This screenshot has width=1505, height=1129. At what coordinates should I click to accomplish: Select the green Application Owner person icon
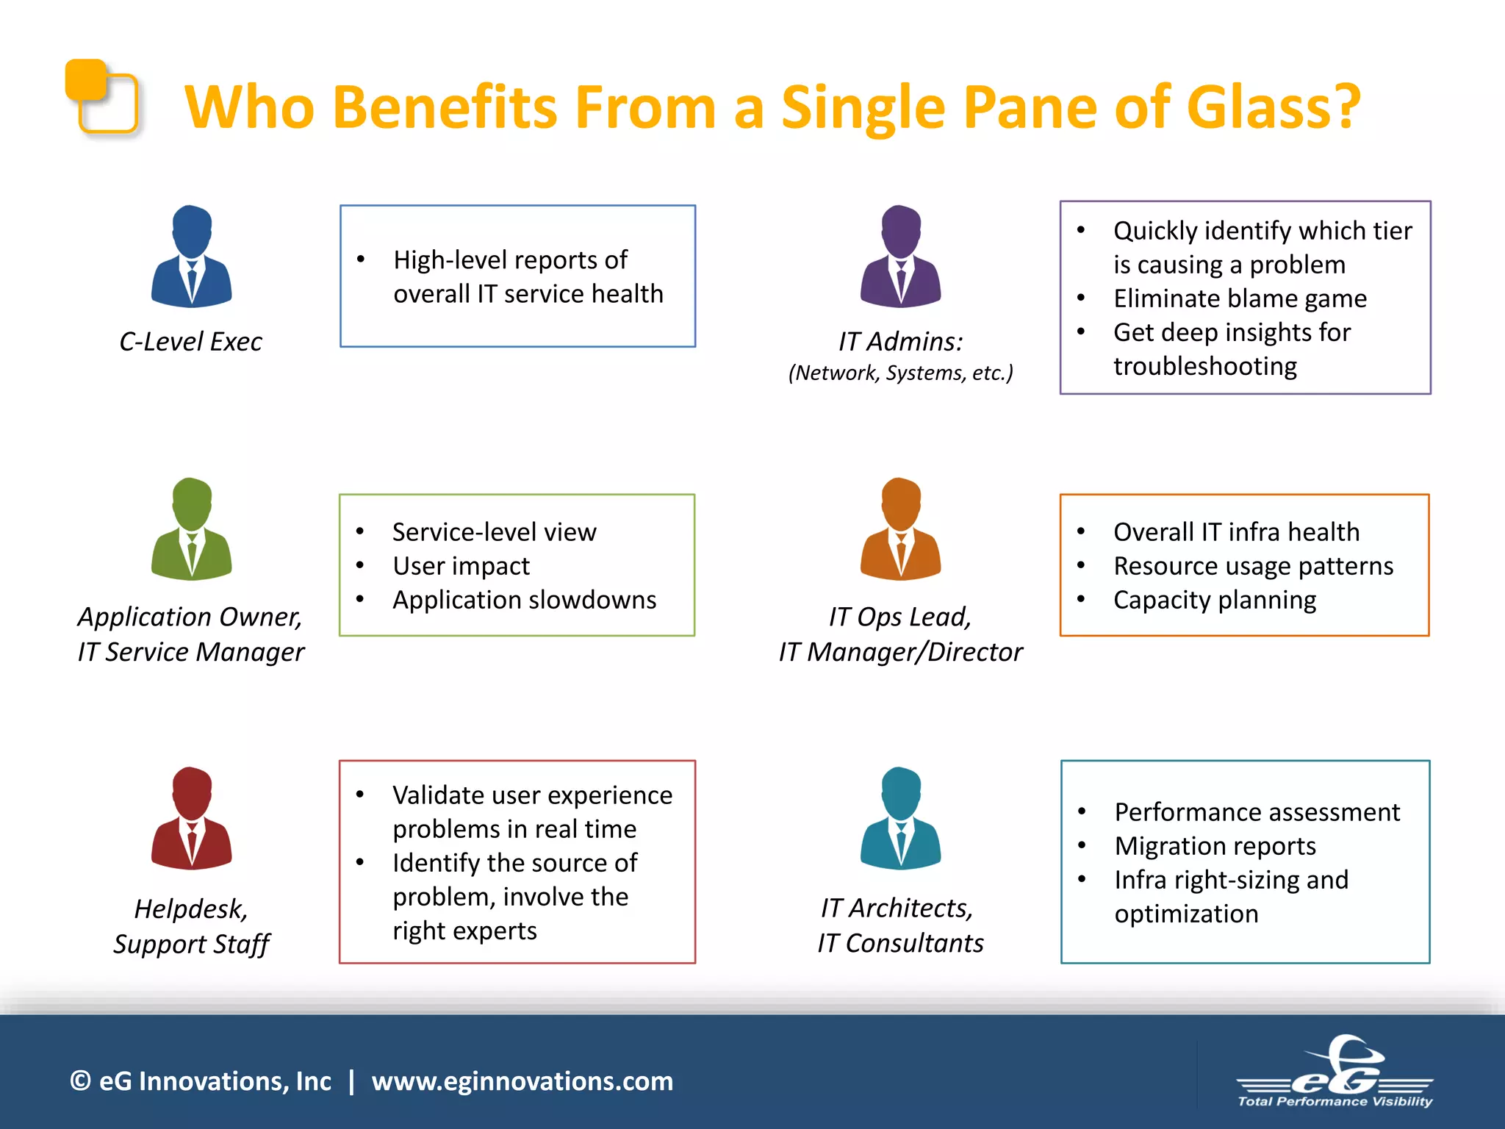(x=191, y=529)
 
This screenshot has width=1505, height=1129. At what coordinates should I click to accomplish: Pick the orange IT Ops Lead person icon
(x=900, y=529)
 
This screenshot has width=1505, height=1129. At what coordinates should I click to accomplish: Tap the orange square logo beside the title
(x=101, y=96)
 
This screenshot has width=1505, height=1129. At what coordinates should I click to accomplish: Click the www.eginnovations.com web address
(x=522, y=1081)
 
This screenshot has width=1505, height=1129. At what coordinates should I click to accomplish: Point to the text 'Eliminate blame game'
(x=1240, y=298)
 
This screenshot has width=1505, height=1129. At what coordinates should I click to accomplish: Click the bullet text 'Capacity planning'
(x=1214, y=600)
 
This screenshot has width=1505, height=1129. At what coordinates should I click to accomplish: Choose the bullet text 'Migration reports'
(x=1215, y=846)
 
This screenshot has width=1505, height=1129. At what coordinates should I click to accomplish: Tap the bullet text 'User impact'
(x=461, y=566)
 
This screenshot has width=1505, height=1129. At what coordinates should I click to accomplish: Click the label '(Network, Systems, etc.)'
(x=900, y=373)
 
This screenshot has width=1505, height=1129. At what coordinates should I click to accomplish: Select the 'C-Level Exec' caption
(x=190, y=342)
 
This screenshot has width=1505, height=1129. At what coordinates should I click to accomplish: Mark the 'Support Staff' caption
(x=191, y=945)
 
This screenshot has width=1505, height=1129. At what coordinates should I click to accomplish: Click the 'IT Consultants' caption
(x=900, y=943)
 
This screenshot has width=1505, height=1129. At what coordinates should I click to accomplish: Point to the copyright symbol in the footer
(x=80, y=1081)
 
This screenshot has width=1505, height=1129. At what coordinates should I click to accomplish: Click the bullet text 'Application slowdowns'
(x=524, y=600)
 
